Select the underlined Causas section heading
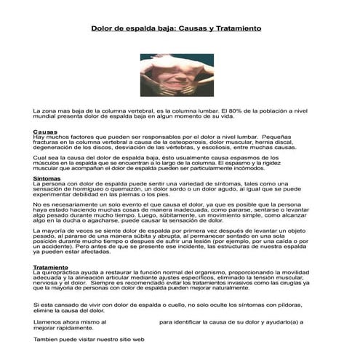tap(45, 132)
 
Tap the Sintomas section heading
tap(47, 178)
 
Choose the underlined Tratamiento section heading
tap(52, 266)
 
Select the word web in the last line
tap(138, 339)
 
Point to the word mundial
tap(46, 116)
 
